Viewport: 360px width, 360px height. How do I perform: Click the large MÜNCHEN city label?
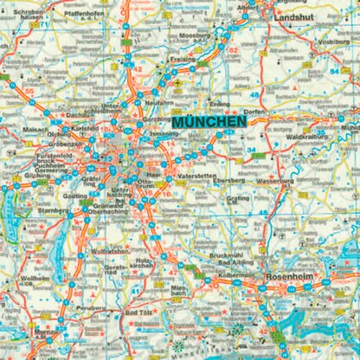[x=209, y=124]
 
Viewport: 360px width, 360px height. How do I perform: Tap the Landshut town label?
[x=297, y=16]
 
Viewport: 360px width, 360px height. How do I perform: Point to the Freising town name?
[x=182, y=59]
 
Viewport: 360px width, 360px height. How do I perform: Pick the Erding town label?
[x=222, y=104]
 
